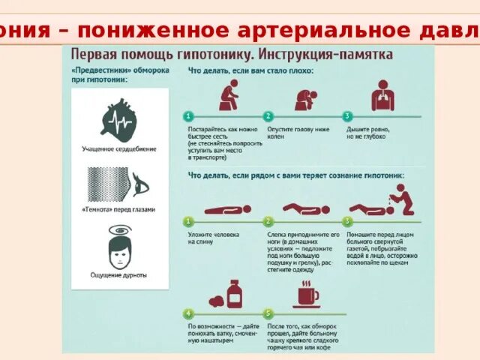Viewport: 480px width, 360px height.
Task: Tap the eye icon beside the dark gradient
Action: (x=141, y=183)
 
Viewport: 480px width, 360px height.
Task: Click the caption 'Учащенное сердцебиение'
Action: (x=119, y=148)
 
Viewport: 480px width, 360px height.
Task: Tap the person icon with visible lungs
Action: (x=382, y=94)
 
